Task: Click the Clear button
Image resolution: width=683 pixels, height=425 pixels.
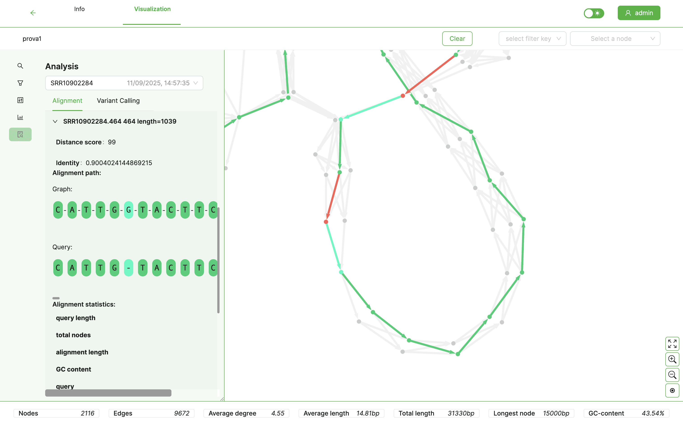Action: click(457, 39)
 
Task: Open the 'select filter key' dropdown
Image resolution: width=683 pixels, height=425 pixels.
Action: click(532, 39)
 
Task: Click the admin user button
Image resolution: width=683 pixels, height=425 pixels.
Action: click(639, 13)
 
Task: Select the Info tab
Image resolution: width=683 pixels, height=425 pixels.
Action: click(79, 9)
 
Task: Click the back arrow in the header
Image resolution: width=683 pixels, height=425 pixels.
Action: click(33, 13)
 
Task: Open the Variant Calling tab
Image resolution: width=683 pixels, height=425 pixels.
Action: click(118, 101)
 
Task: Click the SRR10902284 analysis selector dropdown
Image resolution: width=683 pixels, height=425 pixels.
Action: click(124, 83)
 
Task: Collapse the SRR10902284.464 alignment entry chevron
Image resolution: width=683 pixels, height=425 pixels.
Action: click(55, 121)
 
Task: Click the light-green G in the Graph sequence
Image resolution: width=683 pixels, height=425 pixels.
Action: click(129, 210)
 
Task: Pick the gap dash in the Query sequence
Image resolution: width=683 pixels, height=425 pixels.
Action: click(129, 268)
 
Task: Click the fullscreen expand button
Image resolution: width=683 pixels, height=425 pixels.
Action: click(672, 344)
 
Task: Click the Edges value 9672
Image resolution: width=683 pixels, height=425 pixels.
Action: click(182, 413)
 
